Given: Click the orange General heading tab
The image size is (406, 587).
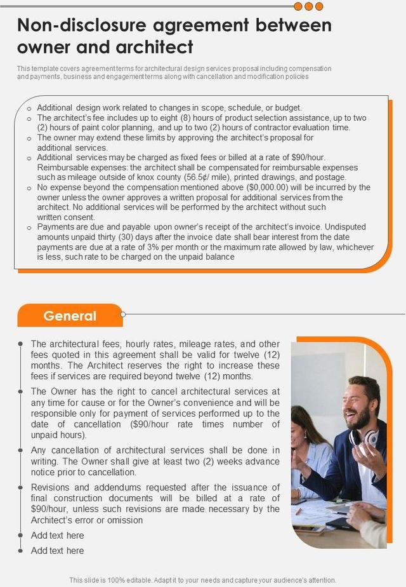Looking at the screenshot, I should pos(70,316).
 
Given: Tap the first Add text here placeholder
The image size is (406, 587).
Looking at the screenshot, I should pos(57,535).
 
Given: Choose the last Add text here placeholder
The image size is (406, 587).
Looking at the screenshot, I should pos(57,550).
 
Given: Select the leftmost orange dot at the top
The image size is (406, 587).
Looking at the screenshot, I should pos(298,6).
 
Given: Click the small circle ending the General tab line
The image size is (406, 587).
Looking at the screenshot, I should pos(123,314).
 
